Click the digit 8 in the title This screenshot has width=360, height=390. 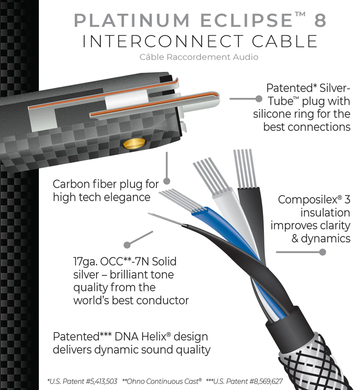(x=318, y=21)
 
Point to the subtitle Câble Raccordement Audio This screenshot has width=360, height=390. (x=199, y=57)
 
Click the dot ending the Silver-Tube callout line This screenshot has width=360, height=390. (x=258, y=99)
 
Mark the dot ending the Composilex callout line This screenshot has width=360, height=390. (x=323, y=252)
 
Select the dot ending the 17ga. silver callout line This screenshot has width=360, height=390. (x=127, y=244)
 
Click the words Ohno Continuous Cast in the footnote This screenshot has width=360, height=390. (x=162, y=381)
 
